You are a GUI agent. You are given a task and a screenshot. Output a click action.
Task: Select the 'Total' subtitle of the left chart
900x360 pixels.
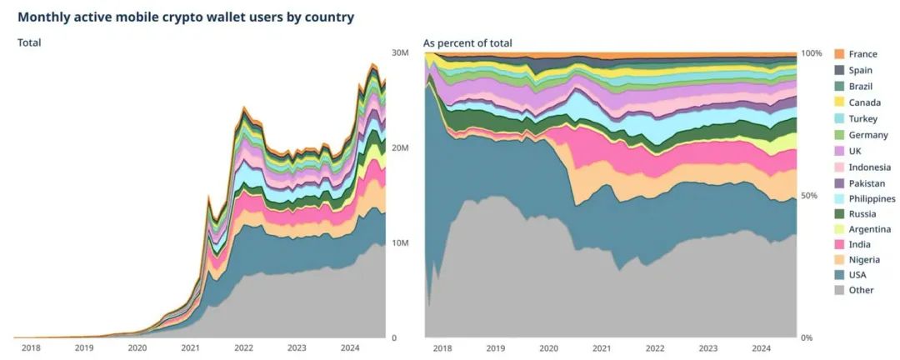(x=29, y=42)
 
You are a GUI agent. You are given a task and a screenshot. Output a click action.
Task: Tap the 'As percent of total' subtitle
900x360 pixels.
(x=467, y=42)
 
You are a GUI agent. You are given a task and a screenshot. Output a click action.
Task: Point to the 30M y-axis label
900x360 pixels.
(x=400, y=52)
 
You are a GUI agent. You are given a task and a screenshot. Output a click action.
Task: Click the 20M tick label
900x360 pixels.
(x=400, y=147)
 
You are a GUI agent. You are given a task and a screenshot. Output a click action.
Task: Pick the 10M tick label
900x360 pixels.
(x=400, y=242)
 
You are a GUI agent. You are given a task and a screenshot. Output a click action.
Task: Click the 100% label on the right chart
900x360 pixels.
(x=811, y=52)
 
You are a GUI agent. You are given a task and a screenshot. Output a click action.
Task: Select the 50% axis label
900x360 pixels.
(x=808, y=195)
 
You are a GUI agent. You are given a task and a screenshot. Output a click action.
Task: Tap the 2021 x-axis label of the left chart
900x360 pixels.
(x=191, y=347)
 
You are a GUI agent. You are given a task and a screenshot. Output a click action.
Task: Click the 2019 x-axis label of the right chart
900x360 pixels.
(x=495, y=347)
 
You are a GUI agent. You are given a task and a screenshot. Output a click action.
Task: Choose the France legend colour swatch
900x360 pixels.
(x=840, y=54)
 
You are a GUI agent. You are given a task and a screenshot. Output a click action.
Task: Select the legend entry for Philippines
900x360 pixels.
(x=872, y=198)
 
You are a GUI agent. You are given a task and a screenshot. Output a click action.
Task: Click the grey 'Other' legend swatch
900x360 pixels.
(x=840, y=290)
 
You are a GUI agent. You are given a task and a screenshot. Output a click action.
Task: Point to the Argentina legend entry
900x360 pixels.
(x=870, y=228)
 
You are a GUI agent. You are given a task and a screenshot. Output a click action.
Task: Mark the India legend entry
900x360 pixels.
(x=860, y=244)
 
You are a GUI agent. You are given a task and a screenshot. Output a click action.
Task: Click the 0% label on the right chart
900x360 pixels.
(x=806, y=337)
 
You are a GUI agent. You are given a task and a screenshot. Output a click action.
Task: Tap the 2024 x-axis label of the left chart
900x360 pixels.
(x=350, y=347)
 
